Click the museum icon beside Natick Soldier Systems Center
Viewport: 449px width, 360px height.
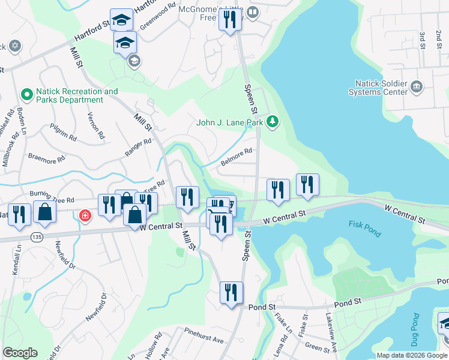tap(416, 88)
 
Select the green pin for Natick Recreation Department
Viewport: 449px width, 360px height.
tap(26, 95)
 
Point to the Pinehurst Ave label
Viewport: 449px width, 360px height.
tap(204, 340)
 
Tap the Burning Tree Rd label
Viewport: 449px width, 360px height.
tap(53, 196)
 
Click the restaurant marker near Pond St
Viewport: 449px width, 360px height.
tap(231, 293)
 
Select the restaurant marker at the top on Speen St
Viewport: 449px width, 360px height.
tap(230, 20)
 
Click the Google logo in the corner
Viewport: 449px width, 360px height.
tap(20, 353)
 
